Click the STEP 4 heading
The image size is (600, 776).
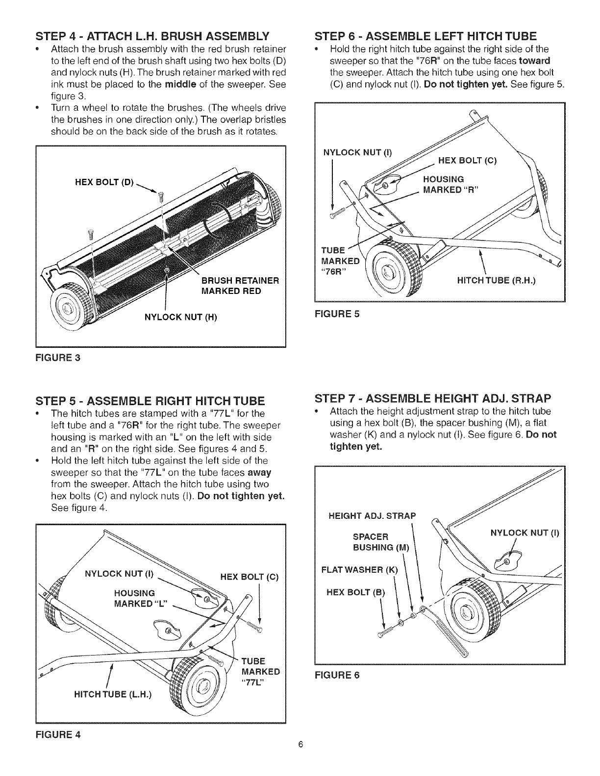pyautogui.click(x=151, y=36)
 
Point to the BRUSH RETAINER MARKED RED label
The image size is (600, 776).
pyautogui.click(x=240, y=286)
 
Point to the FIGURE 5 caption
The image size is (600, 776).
pyautogui.click(x=337, y=314)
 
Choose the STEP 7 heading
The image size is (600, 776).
pyautogui.click(x=433, y=396)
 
